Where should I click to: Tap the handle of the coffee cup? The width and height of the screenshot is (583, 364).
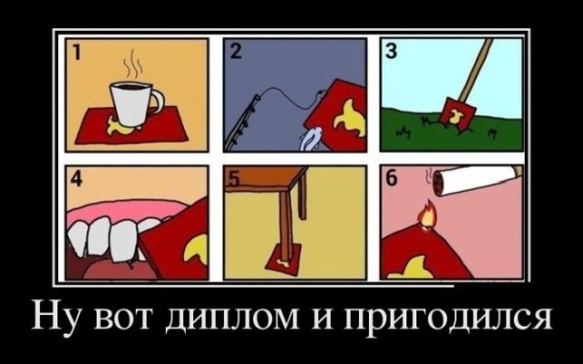[159, 100]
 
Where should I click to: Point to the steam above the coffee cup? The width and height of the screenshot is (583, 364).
[132, 66]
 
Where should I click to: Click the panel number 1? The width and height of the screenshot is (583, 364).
[76, 53]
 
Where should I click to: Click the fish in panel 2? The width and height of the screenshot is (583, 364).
[311, 138]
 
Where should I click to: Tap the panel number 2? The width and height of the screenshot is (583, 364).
[236, 52]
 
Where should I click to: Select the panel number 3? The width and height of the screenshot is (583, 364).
[391, 52]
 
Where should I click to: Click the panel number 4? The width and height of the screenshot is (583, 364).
[77, 179]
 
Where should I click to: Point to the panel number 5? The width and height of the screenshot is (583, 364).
[233, 179]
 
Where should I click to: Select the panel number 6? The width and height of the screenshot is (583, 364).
[392, 179]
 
